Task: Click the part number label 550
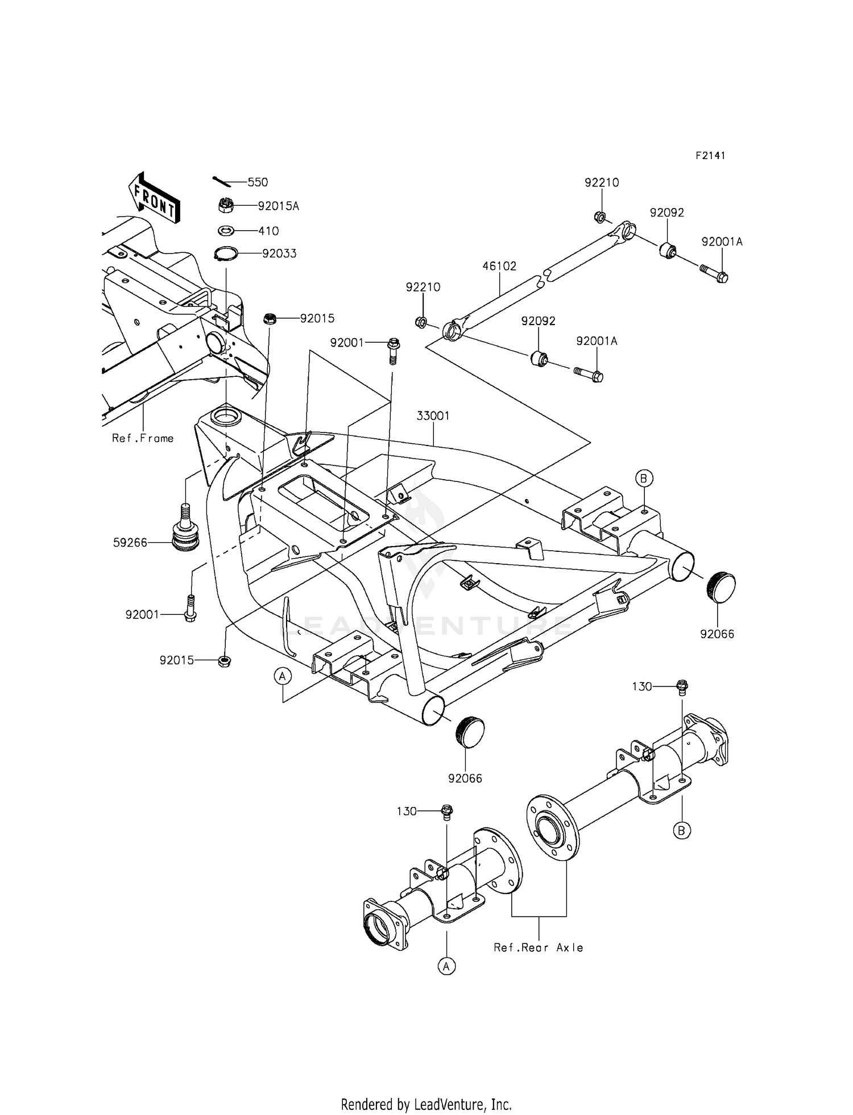tap(258, 182)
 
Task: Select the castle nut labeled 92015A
tap(226, 205)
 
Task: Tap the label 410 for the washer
tap(268, 231)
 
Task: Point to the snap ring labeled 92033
tap(225, 253)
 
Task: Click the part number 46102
tap(499, 266)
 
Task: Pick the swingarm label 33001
tap(433, 416)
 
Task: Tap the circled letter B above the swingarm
tap(644, 479)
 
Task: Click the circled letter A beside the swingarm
tap(283, 676)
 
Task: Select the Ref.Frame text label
tap(143, 438)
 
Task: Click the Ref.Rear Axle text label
tap(539, 947)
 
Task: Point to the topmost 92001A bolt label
tap(722, 242)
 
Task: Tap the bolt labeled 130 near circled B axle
tap(682, 688)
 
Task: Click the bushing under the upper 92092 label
tap(668, 249)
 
